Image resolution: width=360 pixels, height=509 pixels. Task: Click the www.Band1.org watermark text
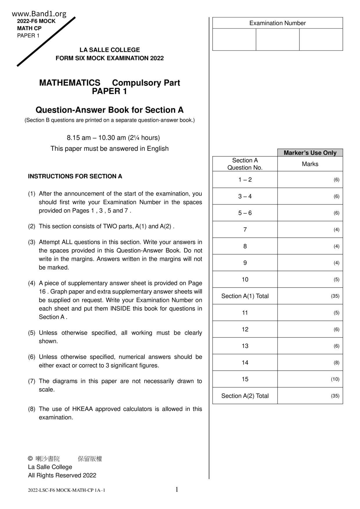click(x=39, y=14)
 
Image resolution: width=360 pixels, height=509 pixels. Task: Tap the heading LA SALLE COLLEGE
click(x=109, y=50)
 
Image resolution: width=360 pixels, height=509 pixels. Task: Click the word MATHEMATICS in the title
click(x=70, y=83)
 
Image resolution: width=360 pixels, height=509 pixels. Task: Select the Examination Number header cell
click(x=277, y=23)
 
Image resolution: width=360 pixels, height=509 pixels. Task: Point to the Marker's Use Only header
click(x=310, y=153)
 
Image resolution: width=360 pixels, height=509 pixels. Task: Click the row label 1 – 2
click(x=245, y=180)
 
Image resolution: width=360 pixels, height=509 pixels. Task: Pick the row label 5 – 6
click(x=245, y=213)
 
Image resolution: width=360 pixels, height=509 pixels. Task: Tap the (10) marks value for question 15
click(x=335, y=379)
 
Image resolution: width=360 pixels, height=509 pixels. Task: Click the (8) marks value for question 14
click(x=336, y=363)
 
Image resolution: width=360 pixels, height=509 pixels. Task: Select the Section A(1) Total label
click(x=245, y=296)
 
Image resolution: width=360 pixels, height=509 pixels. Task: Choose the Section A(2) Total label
click(x=245, y=396)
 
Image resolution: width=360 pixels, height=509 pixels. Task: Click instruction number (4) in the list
click(x=31, y=283)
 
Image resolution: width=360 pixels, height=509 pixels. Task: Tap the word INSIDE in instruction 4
click(x=120, y=309)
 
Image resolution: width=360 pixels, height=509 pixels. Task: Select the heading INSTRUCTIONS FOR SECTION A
click(x=75, y=176)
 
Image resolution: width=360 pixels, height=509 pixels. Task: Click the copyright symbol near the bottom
click(x=30, y=459)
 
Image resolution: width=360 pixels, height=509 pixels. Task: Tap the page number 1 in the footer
click(x=177, y=490)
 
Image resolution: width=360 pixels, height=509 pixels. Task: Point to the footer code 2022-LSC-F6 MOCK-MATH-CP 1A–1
click(x=66, y=490)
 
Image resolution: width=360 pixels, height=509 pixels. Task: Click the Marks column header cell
click(x=310, y=164)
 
